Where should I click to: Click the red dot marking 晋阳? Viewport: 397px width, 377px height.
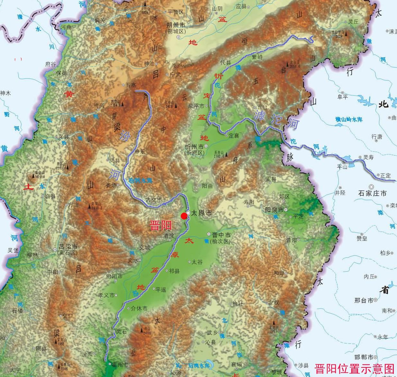coord(184,216)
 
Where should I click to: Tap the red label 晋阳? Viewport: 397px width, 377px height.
coord(161,225)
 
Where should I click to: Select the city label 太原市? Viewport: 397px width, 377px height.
coord(202,213)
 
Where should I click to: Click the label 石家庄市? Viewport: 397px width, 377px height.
coord(372,193)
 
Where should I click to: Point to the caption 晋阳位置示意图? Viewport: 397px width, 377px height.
coord(354,368)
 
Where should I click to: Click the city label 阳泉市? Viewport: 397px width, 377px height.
coord(274,210)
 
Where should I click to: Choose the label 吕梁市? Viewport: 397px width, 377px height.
coord(68,247)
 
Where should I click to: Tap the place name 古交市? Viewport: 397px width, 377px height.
coord(154,200)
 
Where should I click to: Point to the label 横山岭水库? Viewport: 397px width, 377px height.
coord(348,120)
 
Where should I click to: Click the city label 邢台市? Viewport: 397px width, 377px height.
coord(364,300)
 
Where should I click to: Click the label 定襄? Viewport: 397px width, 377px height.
coord(234,136)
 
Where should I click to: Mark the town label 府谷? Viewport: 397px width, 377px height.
coord(51,64)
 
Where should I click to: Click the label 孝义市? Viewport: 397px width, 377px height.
coord(106,295)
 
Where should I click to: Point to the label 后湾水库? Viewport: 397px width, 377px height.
coord(199,365)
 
